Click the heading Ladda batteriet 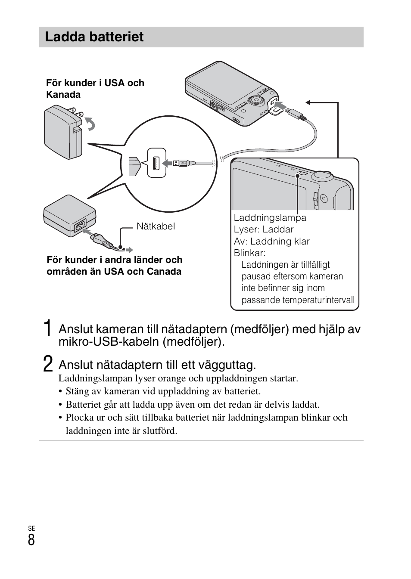pyautogui.click(x=94, y=37)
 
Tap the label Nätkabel pyautogui.click(x=156, y=226)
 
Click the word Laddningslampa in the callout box pyautogui.click(x=270, y=218)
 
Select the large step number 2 pyautogui.click(x=49, y=364)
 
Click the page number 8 pyautogui.click(x=31, y=540)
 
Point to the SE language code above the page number pyautogui.click(x=31, y=528)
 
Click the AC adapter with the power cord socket pyautogui.click(x=69, y=217)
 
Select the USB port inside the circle pyautogui.click(x=156, y=163)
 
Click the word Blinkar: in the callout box pyautogui.click(x=249, y=253)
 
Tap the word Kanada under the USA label pyautogui.click(x=63, y=95)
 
